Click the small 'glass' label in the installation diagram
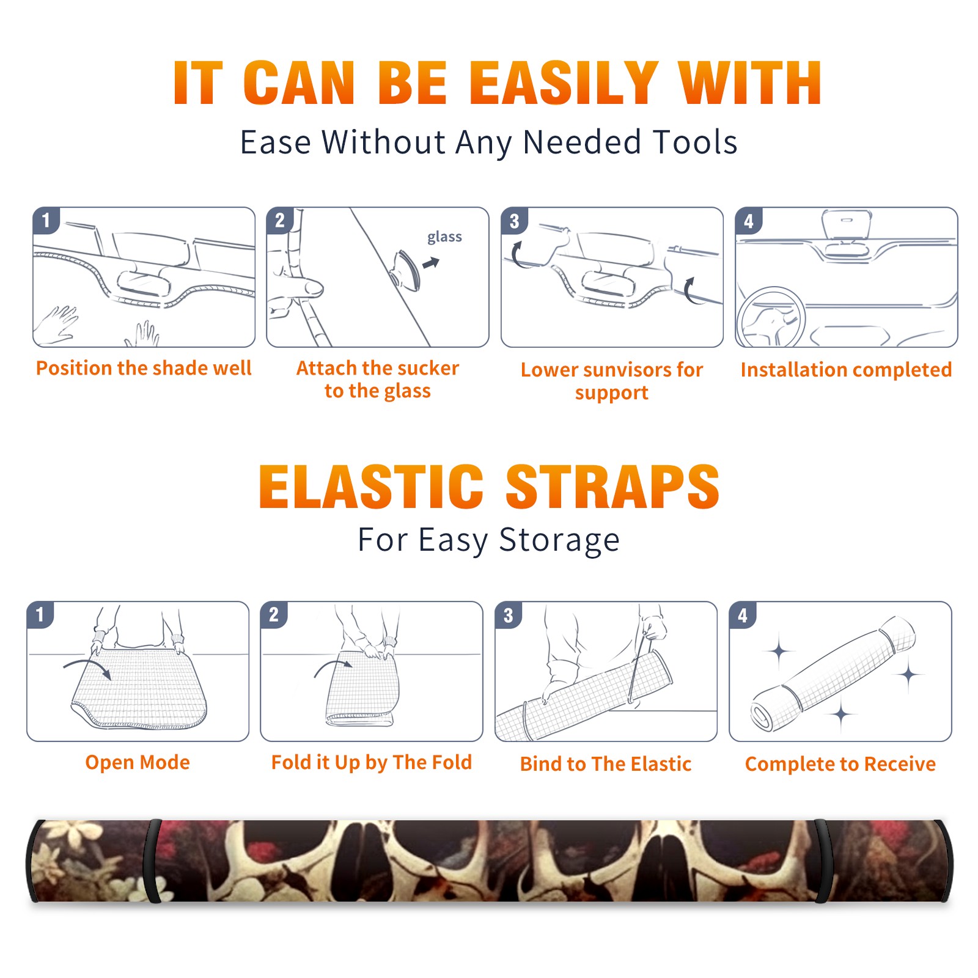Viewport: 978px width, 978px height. coord(444,237)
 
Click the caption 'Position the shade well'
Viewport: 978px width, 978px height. coord(144,368)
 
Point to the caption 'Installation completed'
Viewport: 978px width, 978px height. coord(846,369)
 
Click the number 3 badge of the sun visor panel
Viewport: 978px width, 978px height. coord(514,221)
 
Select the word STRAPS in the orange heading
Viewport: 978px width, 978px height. coord(612,487)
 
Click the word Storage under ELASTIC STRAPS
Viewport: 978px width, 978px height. coord(559,540)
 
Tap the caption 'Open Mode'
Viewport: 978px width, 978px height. coord(138,762)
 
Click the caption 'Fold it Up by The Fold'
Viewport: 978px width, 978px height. coord(372,762)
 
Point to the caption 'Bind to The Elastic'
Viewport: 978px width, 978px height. coord(606,763)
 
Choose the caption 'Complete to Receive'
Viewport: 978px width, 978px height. coord(840,764)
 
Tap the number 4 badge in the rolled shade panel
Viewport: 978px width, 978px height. coord(743,615)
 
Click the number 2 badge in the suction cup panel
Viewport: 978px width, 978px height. coord(279,221)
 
